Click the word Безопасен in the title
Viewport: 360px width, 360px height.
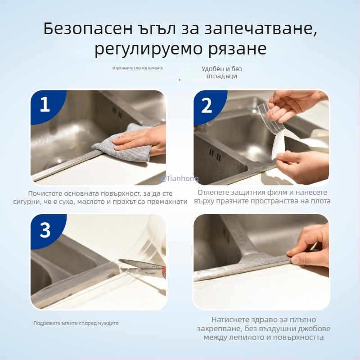84,28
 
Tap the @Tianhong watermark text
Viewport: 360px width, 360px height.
180,179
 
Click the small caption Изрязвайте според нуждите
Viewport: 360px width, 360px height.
138,68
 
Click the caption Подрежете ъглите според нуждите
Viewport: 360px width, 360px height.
76,323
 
